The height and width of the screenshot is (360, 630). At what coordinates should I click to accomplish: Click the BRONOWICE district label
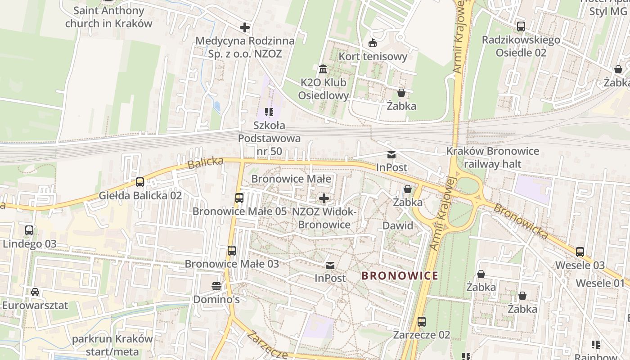(x=400, y=275)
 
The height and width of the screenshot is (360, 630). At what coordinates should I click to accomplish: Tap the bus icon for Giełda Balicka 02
(x=140, y=182)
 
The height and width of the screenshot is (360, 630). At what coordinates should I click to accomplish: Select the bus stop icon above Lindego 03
(x=29, y=230)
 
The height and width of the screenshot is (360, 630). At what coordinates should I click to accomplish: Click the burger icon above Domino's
(x=216, y=286)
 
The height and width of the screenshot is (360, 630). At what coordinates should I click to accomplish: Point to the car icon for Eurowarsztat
(x=35, y=292)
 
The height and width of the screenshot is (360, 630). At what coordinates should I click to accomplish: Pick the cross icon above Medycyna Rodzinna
(x=245, y=28)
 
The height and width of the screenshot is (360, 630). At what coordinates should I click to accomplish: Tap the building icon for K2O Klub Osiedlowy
(x=323, y=70)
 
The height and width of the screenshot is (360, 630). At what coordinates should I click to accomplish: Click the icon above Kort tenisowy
(x=373, y=43)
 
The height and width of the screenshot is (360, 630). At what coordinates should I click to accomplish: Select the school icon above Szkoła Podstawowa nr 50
(x=269, y=112)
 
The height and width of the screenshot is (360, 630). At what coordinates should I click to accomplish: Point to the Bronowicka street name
(x=521, y=221)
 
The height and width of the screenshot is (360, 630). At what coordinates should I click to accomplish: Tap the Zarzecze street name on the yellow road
(x=267, y=346)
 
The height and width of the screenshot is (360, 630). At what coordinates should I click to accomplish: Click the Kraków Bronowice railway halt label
(x=492, y=157)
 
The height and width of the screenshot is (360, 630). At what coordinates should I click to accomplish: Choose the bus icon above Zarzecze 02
(x=422, y=322)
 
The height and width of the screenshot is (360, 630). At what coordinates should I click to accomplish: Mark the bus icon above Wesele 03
(x=580, y=252)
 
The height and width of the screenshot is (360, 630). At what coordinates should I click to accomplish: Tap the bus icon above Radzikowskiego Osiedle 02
(x=521, y=27)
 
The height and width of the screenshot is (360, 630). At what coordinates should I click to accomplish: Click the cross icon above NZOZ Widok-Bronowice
(x=324, y=198)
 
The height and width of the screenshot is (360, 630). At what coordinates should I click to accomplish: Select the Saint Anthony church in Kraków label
(x=108, y=17)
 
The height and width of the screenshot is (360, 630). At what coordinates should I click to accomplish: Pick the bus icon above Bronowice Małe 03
(x=232, y=251)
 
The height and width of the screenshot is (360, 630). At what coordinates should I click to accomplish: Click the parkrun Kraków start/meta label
(x=112, y=345)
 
